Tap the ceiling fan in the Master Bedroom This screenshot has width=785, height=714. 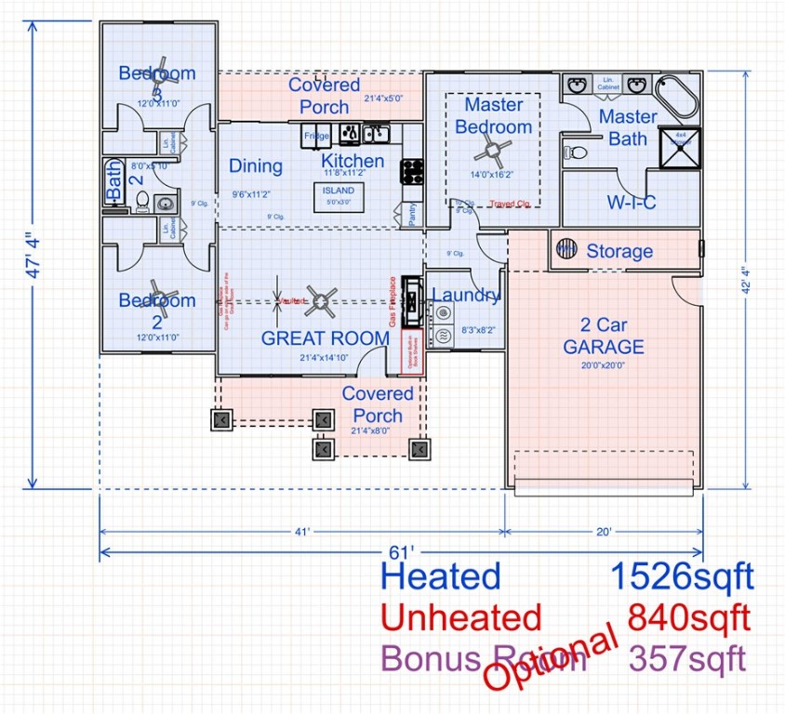(493, 149)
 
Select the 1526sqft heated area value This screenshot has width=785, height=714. (681, 576)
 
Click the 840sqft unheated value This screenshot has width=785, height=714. (689, 616)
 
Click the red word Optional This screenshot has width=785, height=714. (552, 658)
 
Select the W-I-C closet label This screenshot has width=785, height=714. (632, 202)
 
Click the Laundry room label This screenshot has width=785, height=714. (467, 296)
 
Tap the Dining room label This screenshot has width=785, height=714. (256, 166)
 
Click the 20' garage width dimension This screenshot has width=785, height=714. (604, 532)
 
